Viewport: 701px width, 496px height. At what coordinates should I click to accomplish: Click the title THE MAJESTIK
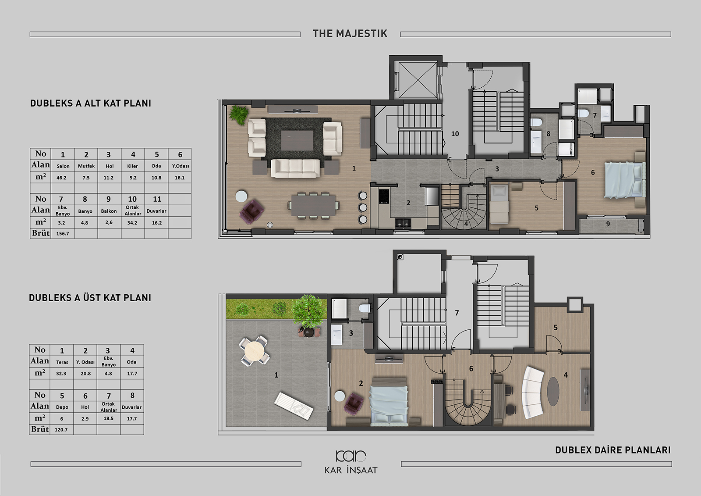tap(350, 33)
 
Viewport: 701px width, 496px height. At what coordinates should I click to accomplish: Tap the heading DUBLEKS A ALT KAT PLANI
tap(90, 103)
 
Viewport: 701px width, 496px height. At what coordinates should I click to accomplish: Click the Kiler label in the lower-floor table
tap(133, 166)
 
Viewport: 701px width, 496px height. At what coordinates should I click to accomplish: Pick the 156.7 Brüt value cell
tap(63, 233)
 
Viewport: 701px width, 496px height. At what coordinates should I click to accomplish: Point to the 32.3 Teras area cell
tap(62, 374)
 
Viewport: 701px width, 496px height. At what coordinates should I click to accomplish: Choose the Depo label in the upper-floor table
tap(62, 407)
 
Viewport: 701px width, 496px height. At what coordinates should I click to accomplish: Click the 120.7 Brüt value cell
tap(62, 430)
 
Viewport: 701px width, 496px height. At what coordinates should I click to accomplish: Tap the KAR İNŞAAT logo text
tap(351, 470)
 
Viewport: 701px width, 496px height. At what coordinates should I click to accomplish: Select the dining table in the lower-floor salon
tap(314, 205)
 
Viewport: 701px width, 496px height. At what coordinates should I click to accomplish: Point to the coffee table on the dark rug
tap(297, 140)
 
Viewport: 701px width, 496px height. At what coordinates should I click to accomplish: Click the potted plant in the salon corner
tap(239, 114)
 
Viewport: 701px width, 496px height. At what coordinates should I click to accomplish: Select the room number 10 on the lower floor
tap(455, 134)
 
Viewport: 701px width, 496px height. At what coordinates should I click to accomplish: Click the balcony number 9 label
tap(608, 224)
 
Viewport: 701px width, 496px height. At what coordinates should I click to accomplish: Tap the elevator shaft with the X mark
tap(418, 80)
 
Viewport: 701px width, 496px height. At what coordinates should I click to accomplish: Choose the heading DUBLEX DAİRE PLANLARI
tap(613, 450)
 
